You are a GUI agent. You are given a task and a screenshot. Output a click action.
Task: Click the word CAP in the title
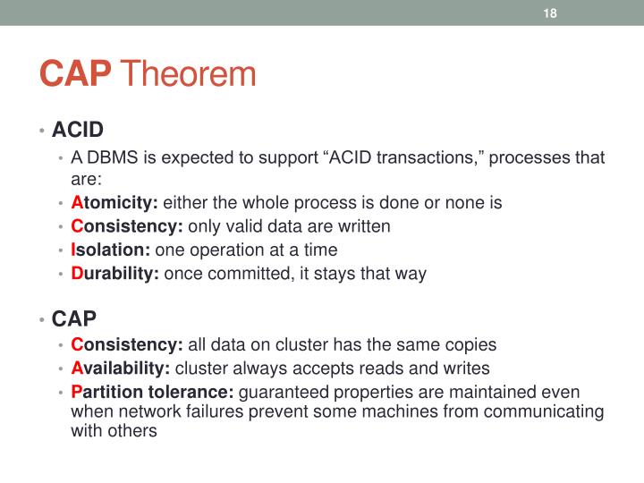(76, 74)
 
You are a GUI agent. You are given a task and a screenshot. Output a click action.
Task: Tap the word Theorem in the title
(188, 74)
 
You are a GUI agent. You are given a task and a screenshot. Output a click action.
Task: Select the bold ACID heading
(78, 131)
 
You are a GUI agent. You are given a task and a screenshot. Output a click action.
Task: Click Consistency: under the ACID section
(127, 226)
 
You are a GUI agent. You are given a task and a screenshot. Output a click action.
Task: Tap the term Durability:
(114, 274)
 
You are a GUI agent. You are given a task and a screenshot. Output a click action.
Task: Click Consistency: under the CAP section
(127, 344)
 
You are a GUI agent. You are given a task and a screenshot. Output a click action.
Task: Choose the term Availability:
(121, 369)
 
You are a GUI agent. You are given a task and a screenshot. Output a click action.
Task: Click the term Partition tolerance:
(152, 392)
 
